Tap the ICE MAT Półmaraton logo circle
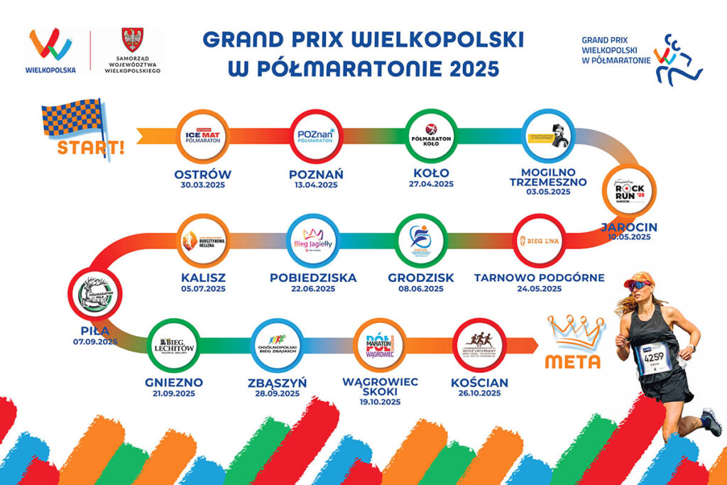[x=203, y=136]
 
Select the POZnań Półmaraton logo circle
[x=316, y=136]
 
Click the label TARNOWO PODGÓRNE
[x=539, y=277]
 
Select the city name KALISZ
[x=203, y=277]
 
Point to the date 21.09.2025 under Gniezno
[x=174, y=393]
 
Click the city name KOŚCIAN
[x=479, y=383]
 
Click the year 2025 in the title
[x=469, y=68]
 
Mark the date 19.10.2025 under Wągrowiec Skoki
[x=380, y=402]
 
